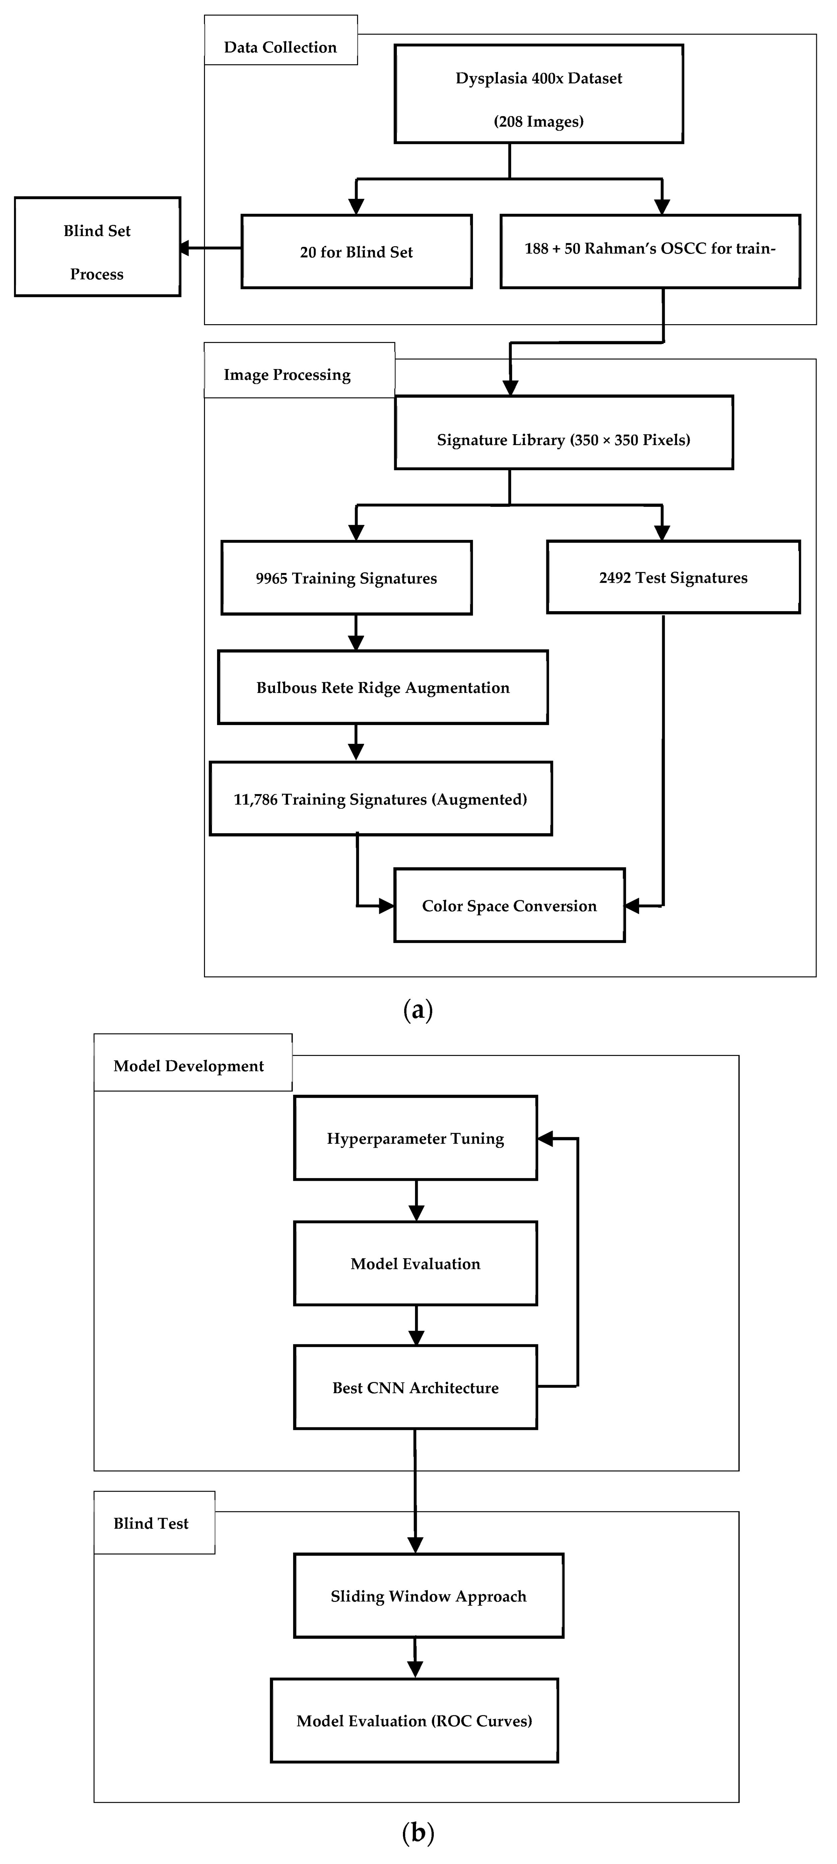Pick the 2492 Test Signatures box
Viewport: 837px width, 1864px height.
coord(673,577)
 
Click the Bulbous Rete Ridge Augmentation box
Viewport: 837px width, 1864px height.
coord(383,688)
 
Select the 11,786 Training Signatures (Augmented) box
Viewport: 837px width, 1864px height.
coord(380,799)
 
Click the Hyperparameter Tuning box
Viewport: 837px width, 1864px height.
coord(415,1138)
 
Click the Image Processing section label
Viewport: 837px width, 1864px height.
coord(287,375)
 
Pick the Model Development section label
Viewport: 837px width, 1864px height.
coord(189,1066)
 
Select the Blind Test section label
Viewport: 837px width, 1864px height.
coord(151,1523)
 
